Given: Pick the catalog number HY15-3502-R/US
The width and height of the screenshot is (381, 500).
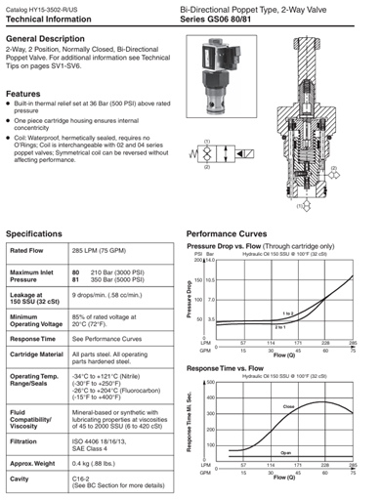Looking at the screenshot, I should [54, 8].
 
